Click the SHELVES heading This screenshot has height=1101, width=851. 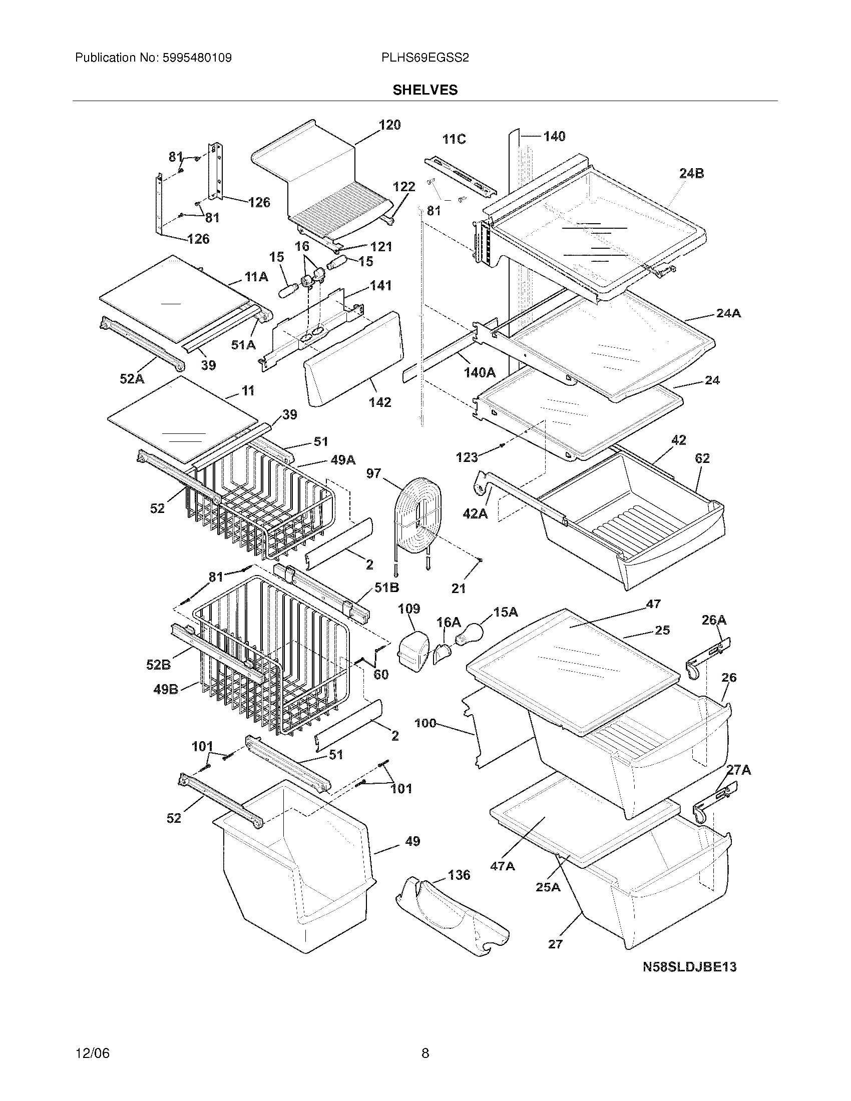point(425,90)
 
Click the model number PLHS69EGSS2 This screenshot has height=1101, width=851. point(425,58)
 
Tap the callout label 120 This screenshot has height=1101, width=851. point(389,125)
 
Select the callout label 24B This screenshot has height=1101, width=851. point(691,174)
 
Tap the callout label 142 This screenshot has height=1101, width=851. point(379,402)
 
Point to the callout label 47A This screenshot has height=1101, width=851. point(503,866)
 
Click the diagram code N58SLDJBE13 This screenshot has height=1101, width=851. point(689,967)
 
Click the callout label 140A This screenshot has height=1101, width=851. point(480,372)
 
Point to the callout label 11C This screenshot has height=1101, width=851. point(454,139)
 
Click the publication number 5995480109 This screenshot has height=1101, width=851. point(197,58)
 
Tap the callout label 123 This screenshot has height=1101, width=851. point(467,457)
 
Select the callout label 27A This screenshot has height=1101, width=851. point(738,770)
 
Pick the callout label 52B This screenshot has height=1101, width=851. point(158,665)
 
